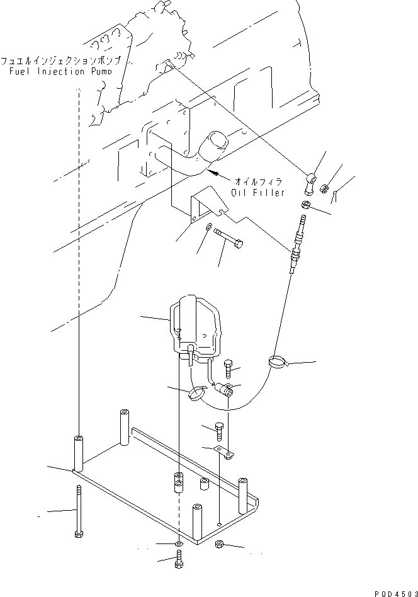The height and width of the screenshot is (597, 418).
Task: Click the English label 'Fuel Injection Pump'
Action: coord(60,71)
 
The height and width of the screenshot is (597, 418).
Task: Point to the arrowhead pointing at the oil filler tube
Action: coord(215,171)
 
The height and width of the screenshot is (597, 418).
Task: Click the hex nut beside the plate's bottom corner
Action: coord(220,545)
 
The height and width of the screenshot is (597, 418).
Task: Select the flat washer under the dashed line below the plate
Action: coord(179,543)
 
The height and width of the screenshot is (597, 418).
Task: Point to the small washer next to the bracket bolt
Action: coord(209,227)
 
